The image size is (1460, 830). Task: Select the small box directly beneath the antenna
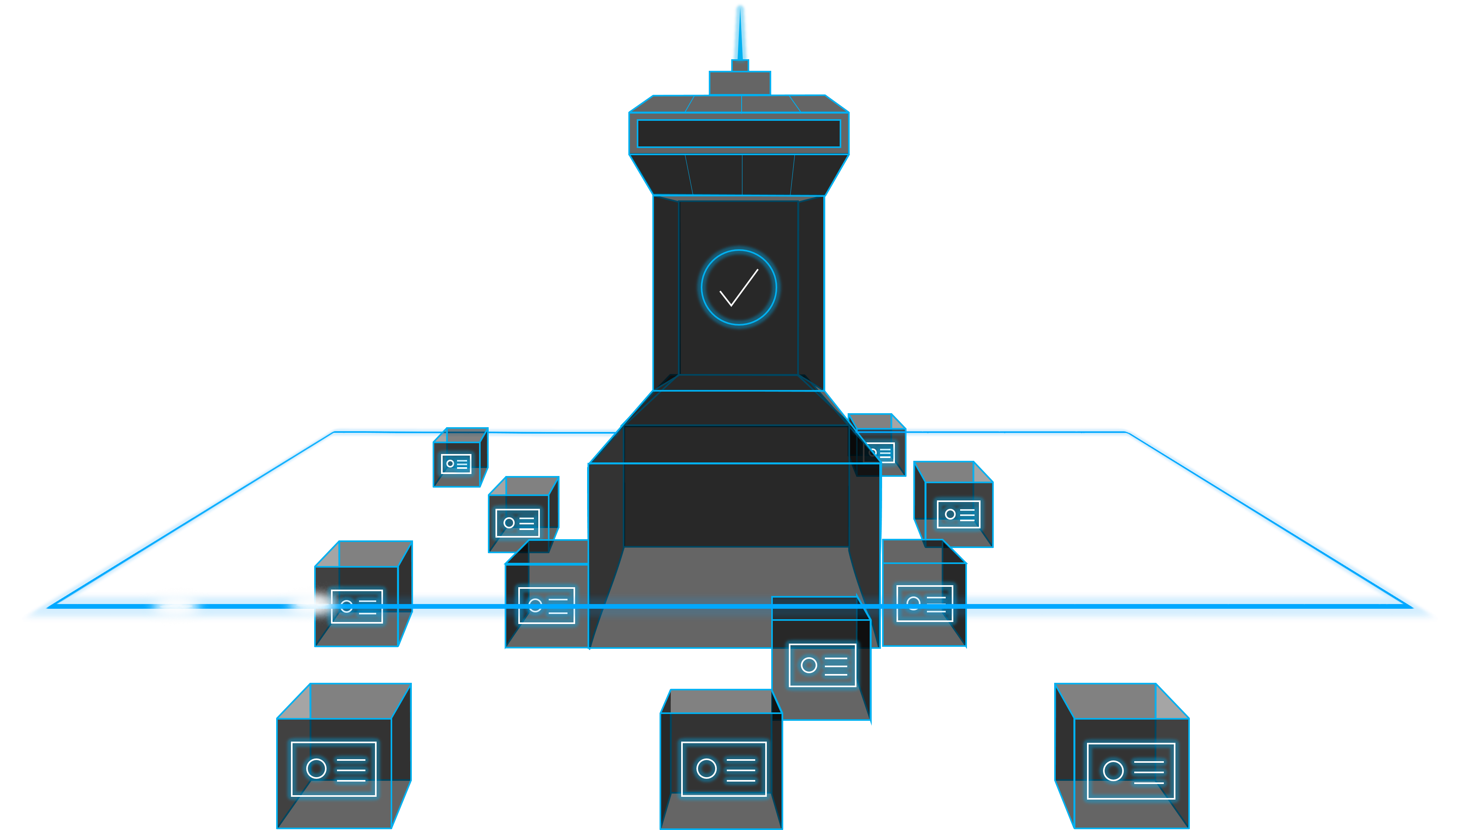tap(740, 83)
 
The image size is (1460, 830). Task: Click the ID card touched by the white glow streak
tap(357, 606)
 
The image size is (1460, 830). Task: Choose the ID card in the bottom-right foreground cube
tap(1130, 771)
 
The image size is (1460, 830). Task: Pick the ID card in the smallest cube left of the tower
tap(456, 464)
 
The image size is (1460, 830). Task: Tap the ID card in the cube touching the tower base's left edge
tap(546, 605)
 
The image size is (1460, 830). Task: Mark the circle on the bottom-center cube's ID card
tap(707, 768)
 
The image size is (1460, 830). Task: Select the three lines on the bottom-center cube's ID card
tap(741, 770)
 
